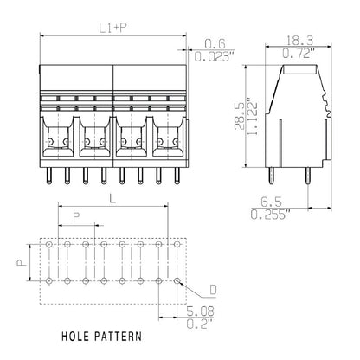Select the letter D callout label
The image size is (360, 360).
click(213, 289)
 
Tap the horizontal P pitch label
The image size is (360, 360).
click(77, 217)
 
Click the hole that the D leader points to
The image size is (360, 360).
click(177, 281)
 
